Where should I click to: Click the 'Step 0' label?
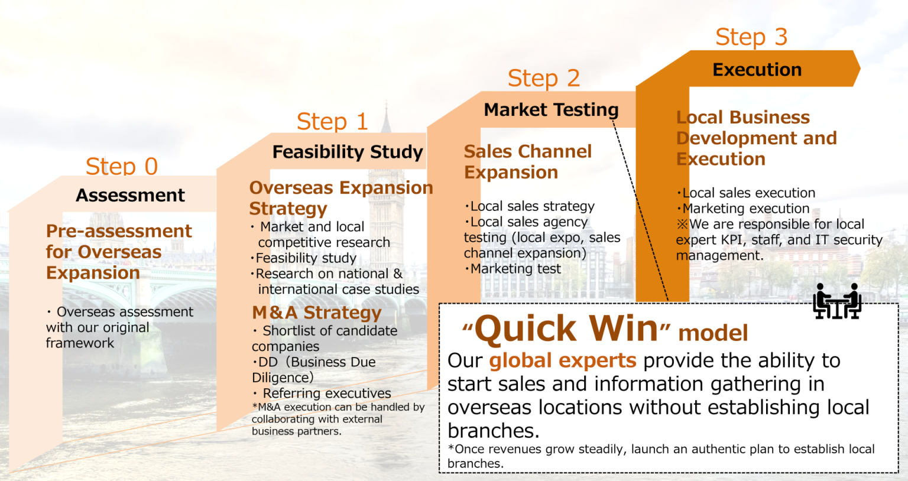coord(122,167)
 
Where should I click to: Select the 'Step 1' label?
coord(332,122)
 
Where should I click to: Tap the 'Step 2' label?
coord(543,78)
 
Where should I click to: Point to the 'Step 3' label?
coord(751,37)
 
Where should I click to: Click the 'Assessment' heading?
coord(130,196)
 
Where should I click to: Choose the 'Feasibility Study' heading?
coord(348,152)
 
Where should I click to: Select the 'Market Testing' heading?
coord(551,110)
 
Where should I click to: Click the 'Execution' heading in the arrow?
coord(757,70)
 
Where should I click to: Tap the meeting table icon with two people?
coord(837,301)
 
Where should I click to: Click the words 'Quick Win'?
coord(566,329)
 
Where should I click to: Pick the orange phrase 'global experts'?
coord(563,360)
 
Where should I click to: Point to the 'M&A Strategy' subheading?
coord(317,313)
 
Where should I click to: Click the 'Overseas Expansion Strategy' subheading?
coord(340,198)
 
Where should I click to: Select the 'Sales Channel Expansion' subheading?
coord(527,162)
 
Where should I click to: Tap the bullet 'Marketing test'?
coord(515,269)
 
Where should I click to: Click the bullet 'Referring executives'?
coord(326,394)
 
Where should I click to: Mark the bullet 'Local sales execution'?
coord(748,193)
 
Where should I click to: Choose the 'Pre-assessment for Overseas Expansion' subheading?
coord(118,252)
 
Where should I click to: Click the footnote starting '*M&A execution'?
coord(338,419)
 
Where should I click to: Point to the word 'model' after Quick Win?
coord(713,333)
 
